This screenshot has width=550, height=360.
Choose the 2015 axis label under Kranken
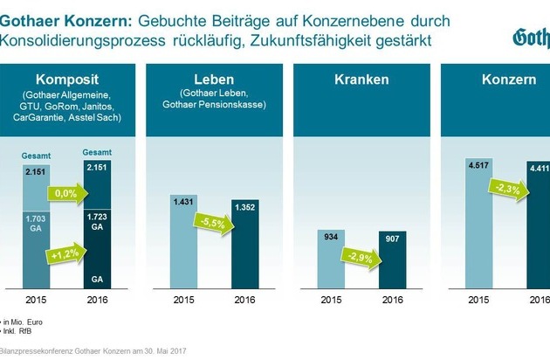tap(333, 302)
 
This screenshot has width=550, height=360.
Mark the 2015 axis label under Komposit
tap(37, 302)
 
